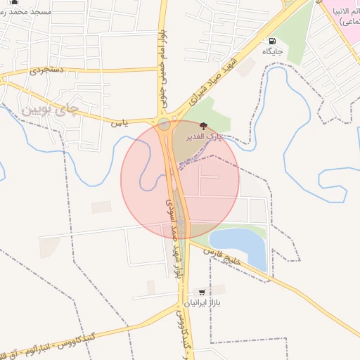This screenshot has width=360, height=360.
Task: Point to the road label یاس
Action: (x=119, y=122)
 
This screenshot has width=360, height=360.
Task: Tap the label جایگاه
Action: (x=273, y=51)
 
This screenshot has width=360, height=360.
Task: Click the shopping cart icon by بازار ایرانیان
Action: (x=202, y=291)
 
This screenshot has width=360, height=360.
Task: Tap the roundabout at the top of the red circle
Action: (x=165, y=125)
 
